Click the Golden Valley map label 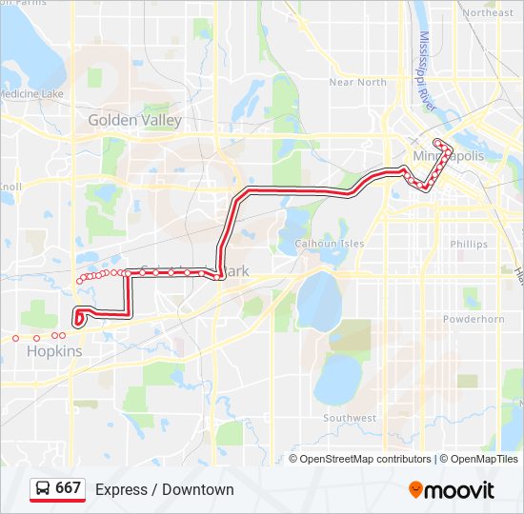[134, 121]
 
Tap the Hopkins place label [54, 351]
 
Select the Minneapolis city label [449, 156]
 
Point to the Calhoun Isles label [329, 244]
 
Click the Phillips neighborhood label [469, 245]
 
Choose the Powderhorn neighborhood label [474, 319]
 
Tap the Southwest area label [350, 418]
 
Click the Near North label [357, 83]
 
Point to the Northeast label [487, 13]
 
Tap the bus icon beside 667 [43, 489]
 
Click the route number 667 [68, 488]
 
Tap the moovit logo [452, 489]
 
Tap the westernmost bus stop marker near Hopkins [15, 337]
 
